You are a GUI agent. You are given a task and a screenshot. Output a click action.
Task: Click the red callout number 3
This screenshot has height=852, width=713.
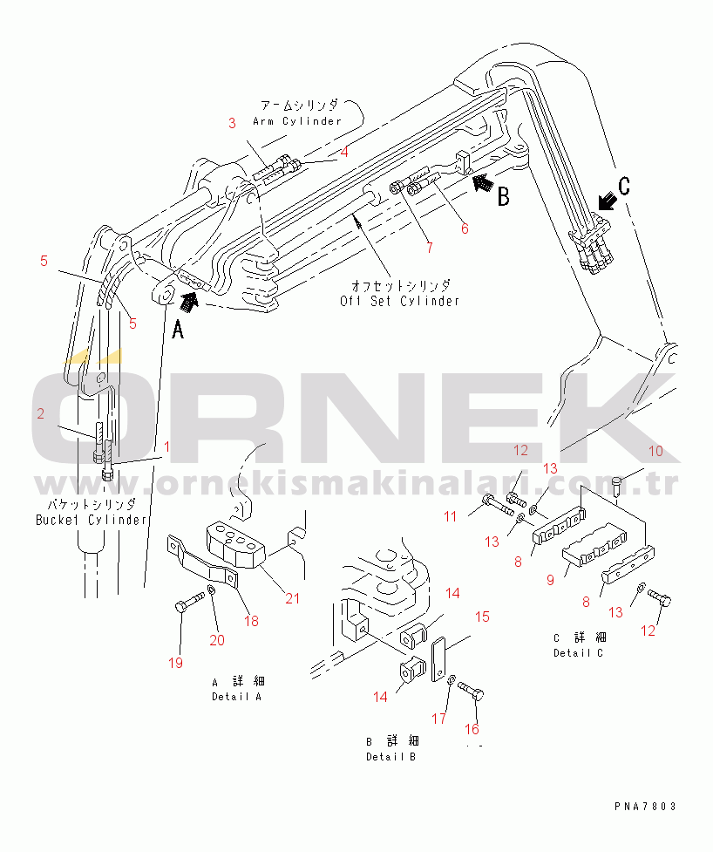tap(232, 123)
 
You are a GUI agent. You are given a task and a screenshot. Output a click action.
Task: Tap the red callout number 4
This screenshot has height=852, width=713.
tap(343, 152)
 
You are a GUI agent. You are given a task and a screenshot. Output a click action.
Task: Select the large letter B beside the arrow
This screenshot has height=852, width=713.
tap(504, 197)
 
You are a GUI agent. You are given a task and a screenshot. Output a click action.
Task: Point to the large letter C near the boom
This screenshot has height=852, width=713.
tap(624, 186)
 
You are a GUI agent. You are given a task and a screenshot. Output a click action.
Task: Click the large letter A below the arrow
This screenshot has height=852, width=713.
tap(178, 330)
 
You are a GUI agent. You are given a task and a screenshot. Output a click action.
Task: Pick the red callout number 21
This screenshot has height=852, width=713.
tap(293, 598)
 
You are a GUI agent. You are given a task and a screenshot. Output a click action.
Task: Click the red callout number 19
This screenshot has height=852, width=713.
tap(175, 663)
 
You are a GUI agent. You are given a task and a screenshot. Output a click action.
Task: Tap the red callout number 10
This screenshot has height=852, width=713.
tap(656, 451)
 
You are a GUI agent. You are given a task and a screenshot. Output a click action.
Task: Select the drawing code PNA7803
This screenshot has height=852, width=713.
tap(646, 807)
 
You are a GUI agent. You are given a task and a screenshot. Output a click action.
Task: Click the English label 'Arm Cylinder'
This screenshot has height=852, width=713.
tap(297, 121)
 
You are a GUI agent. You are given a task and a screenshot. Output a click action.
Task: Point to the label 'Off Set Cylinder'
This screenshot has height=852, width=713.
tap(400, 301)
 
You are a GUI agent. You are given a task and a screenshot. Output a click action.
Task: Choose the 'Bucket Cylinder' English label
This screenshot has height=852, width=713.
tap(92, 520)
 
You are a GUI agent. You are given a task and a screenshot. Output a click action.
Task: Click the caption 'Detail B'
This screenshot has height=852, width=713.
tap(391, 756)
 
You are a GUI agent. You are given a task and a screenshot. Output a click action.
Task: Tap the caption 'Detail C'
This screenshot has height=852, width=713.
tap(578, 652)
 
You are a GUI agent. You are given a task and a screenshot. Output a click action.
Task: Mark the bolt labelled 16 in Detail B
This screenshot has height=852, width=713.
tap(471, 691)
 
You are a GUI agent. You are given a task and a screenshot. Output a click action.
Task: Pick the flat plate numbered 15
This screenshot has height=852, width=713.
tap(438, 659)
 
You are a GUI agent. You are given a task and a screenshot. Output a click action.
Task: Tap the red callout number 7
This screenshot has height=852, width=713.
tap(430, 248)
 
